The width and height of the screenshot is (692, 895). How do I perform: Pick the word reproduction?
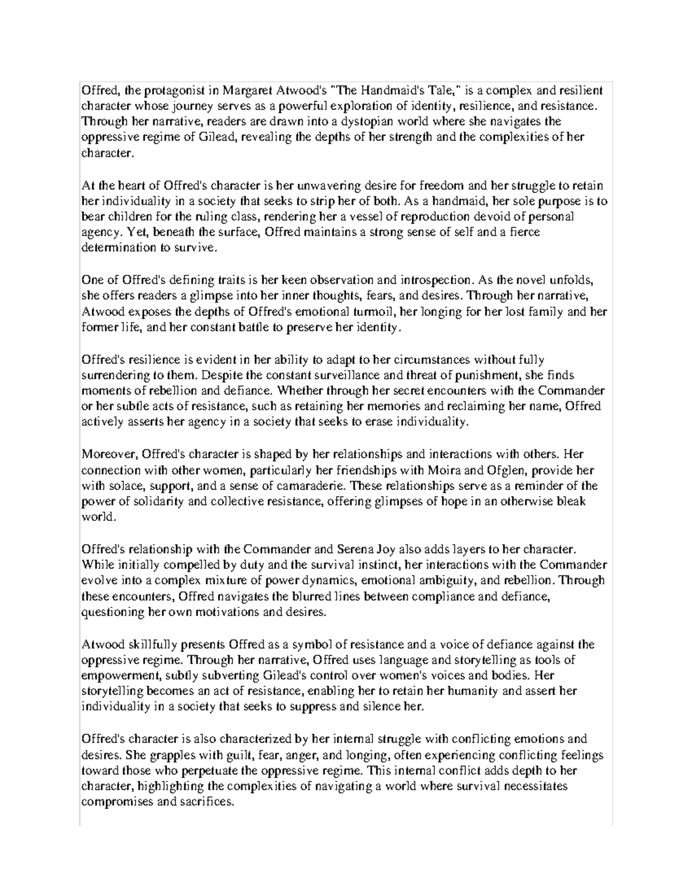point(437,217)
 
